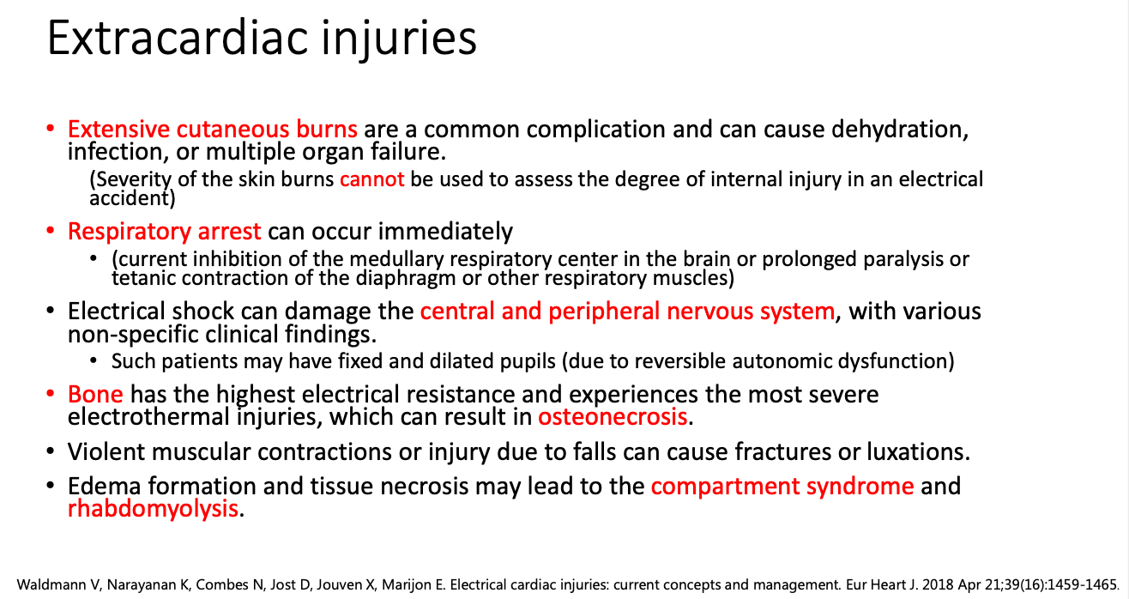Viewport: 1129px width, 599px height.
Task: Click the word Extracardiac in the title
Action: point(178,39)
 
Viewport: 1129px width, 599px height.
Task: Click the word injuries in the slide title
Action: point(399,39)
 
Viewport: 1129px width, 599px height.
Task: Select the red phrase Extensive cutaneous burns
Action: point(213,129)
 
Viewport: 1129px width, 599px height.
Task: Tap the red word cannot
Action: point(372,179)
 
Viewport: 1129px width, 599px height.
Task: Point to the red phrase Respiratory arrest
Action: point(165,232)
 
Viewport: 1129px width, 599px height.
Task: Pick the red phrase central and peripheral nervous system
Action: point(627,312)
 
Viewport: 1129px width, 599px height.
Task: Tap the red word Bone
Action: point(95,394)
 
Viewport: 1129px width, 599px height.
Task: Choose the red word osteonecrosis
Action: point(613,417)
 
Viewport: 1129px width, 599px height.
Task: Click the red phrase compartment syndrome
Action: point(782,487)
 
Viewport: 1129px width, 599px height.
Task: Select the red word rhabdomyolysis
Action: point(153,509)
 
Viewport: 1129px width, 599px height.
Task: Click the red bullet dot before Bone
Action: point(50,393)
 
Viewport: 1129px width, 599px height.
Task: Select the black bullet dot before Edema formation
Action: point(50,486)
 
